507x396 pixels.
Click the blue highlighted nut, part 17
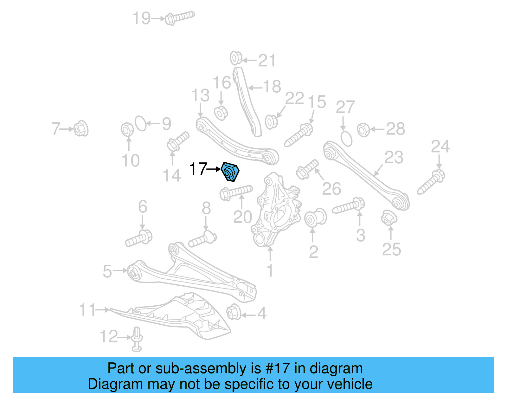(230, 172)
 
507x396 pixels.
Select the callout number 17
(198, 169)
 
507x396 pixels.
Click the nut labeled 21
(236, 58)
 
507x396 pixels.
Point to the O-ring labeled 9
(141, 123)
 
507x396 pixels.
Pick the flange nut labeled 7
(81, 129)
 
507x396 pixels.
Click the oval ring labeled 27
(346, 139)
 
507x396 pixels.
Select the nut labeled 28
(363, 129)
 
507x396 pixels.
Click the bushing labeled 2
(315, 218)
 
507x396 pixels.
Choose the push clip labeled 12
(137, 339)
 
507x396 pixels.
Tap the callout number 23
(394, 158)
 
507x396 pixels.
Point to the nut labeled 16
(221, 113)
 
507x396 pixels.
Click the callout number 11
(87, 310)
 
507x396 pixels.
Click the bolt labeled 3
(348, 206)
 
